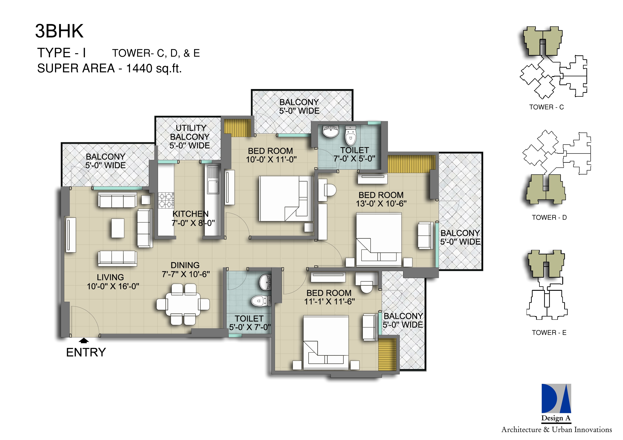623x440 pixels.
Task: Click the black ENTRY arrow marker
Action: pyautogui.click(x=84, y=340)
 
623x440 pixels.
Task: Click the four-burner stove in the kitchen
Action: pyautogui.click(x=166, y=200)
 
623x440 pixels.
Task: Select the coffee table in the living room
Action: pyautogui.click(x=118, y=228)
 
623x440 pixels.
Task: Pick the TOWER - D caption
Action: pyautogui.click(x=549, y=217)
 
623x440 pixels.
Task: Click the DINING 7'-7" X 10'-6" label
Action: pyautogui.click(x=186, y=269)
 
